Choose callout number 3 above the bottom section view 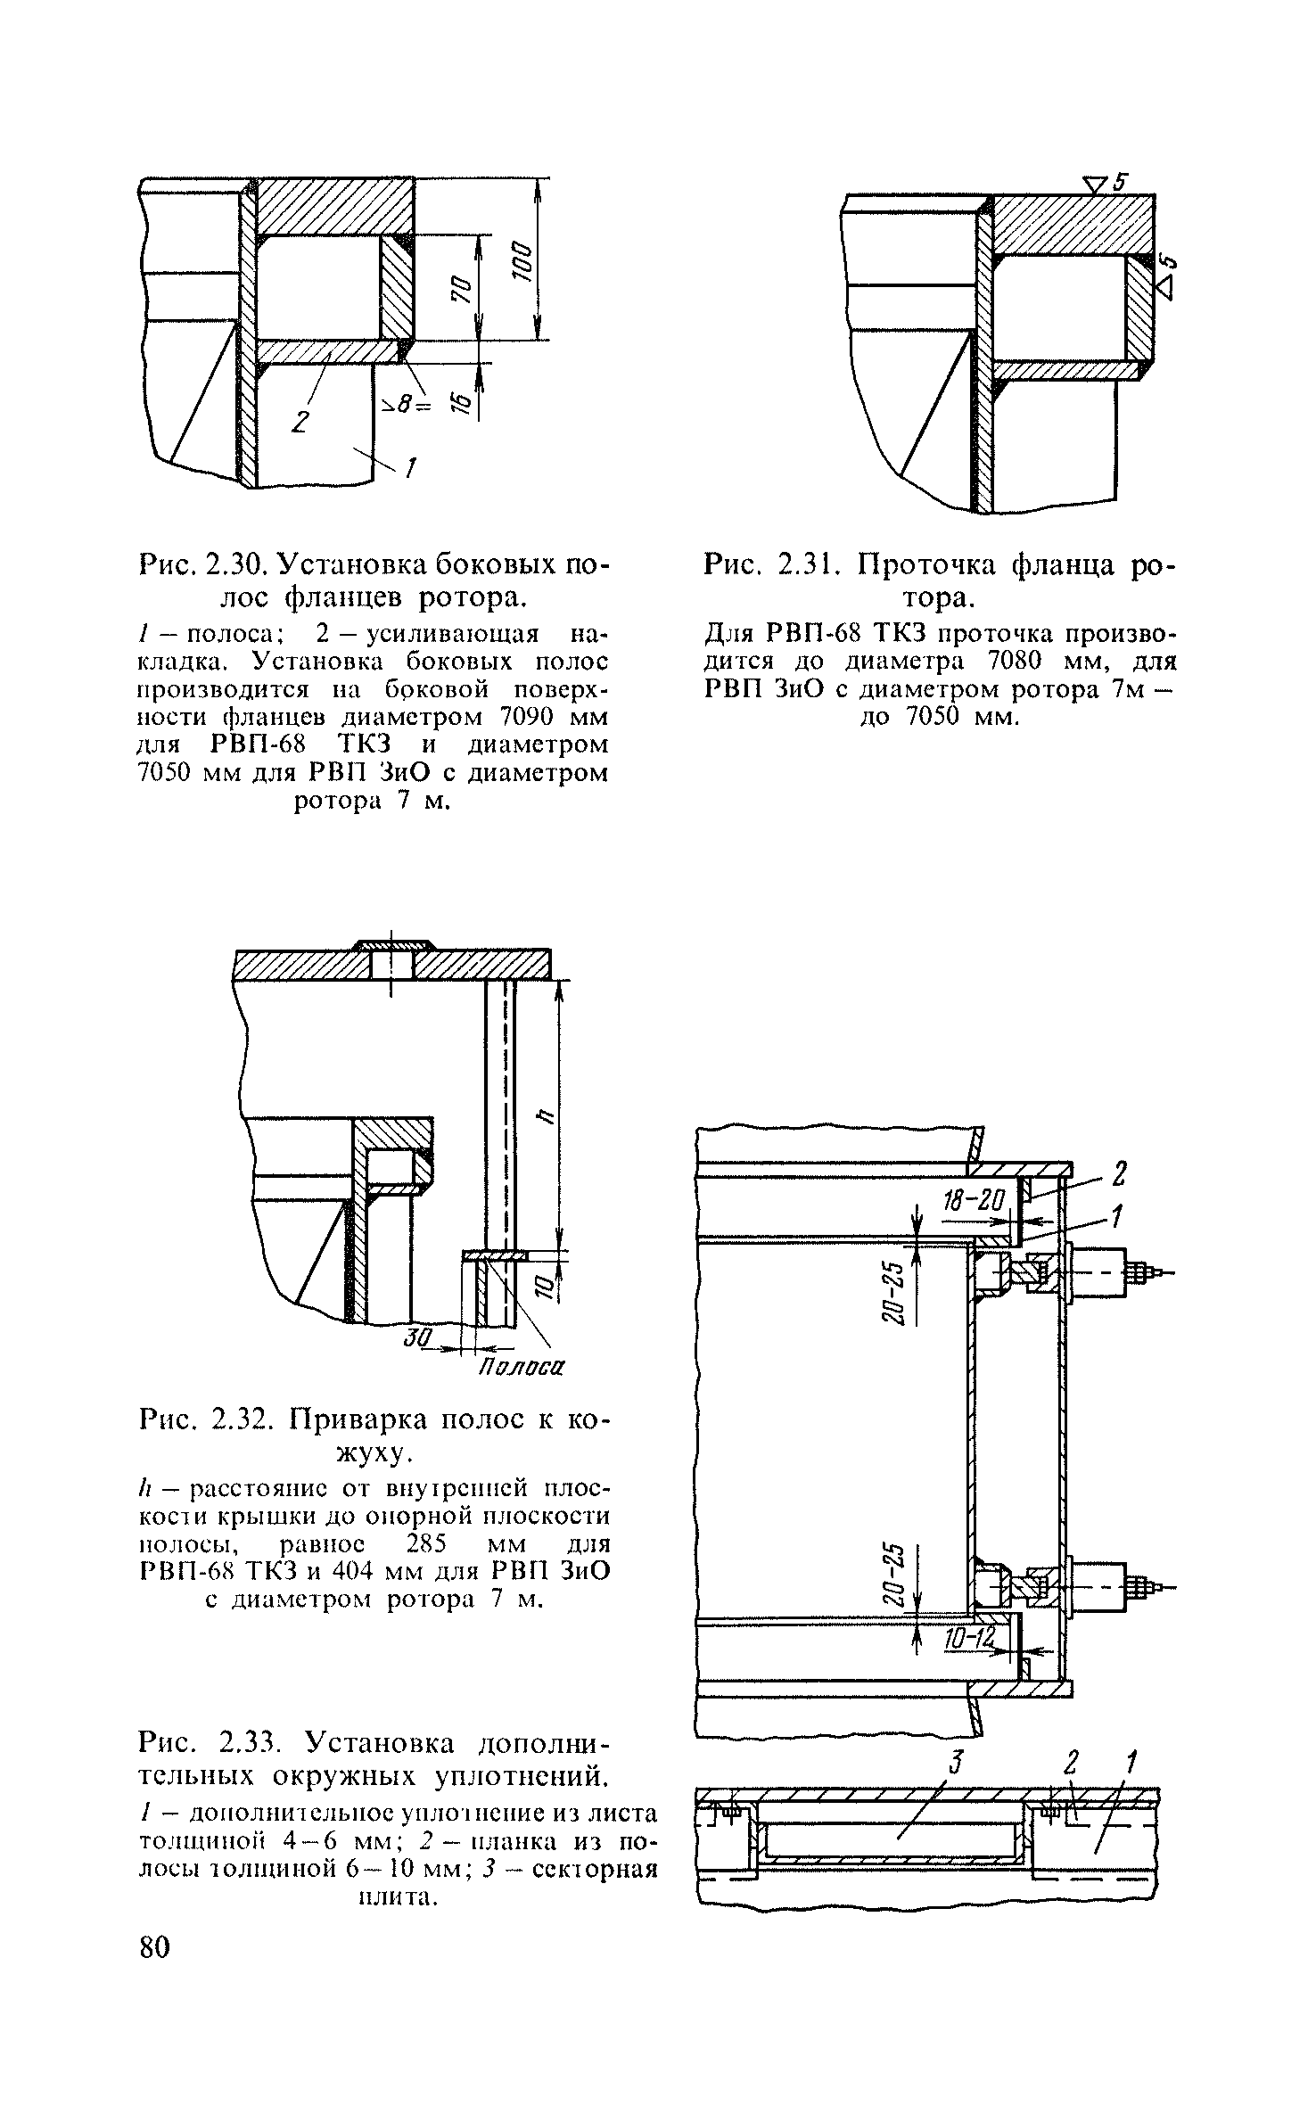[x=956, y=1760]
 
